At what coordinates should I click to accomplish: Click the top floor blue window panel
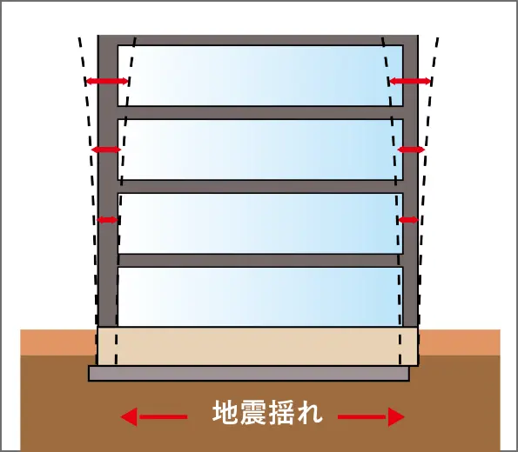[260, 76]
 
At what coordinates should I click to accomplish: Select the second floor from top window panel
[260, 150]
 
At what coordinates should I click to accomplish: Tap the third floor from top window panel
[260, 223]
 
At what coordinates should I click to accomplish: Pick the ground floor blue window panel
[260, 296]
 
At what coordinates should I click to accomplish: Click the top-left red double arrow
[107, 81]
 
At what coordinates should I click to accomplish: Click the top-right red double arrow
[410, 81]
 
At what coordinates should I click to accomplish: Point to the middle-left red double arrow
[106, 150]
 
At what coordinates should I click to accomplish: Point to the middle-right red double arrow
[411, 150]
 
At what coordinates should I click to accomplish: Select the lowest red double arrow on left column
[107, 220]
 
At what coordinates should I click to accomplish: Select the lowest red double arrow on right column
[408, 220]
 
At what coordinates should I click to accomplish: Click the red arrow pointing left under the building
[154, 417]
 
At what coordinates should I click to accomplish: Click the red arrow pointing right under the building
[371, 417]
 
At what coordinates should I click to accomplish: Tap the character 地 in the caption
[225, 412]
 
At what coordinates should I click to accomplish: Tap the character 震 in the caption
[253, 412]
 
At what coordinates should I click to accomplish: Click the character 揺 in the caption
[281, 412]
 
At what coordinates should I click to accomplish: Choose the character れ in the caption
[308, 412]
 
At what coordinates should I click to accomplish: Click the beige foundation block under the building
[258, 346]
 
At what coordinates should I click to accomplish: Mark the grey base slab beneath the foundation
[249, 373]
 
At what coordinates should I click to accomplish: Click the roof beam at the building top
[258, 40]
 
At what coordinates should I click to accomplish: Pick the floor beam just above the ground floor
[260, 260]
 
